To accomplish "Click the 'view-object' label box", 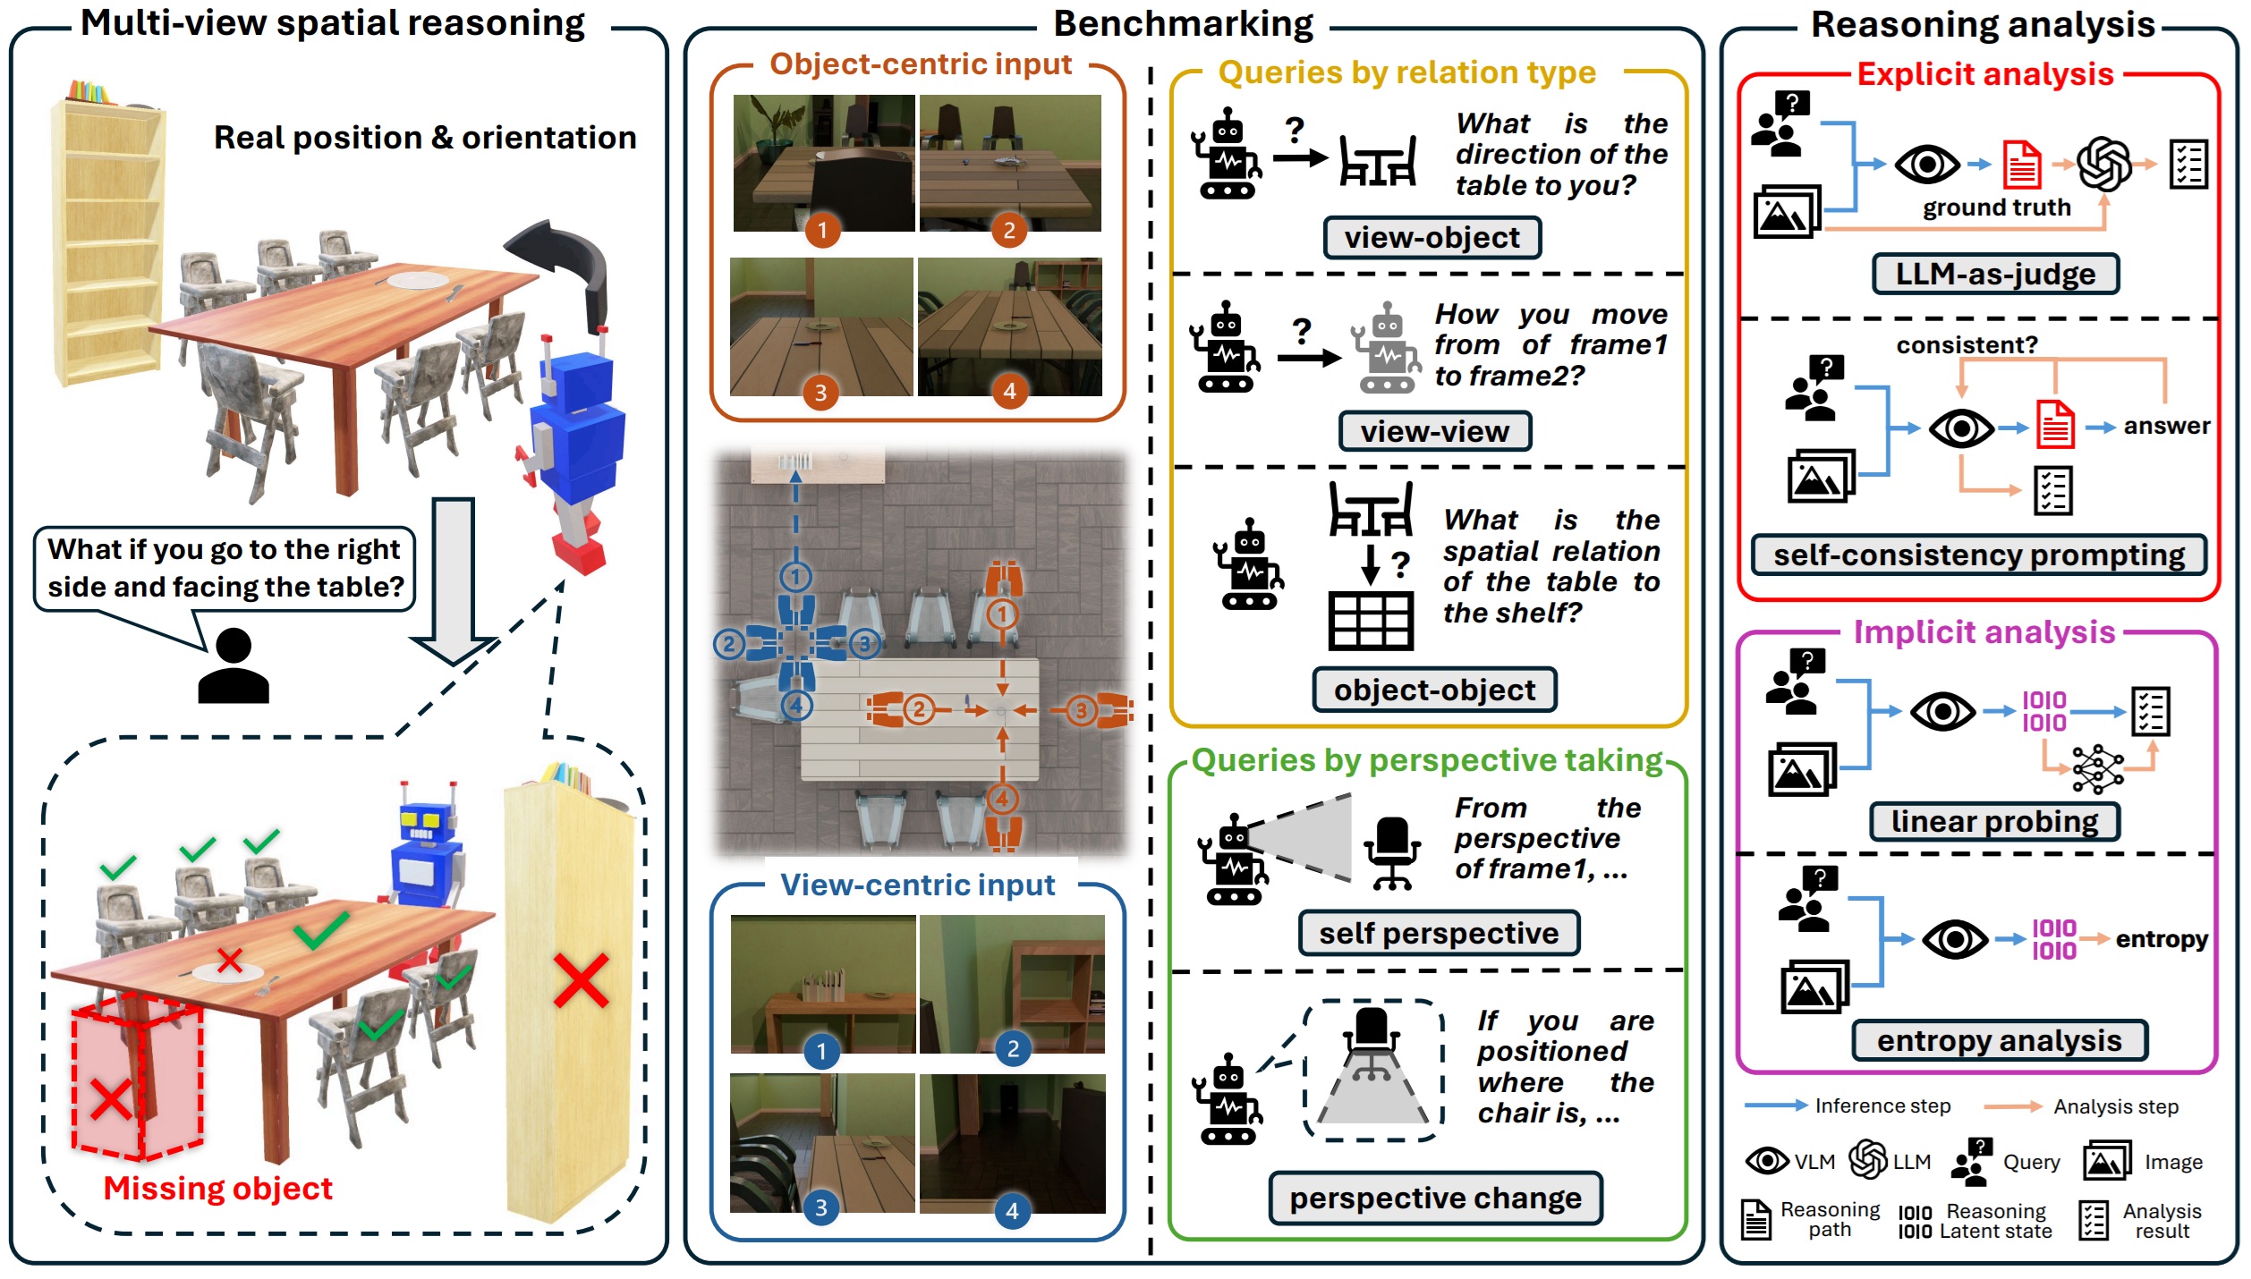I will point(1431,238).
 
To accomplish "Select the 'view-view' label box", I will point(1434,432).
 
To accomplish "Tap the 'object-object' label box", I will point(1434,690).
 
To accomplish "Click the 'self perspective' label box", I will point(1439,934).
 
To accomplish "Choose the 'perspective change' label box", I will point(1435,1199).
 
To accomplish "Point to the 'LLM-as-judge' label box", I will point(1995,274).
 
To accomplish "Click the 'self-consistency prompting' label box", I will point(1979,555).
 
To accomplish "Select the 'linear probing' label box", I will point(1994,822).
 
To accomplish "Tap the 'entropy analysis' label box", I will point(1999,1041).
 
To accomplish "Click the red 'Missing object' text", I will point(217,1189).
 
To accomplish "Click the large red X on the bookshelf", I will point(581,981).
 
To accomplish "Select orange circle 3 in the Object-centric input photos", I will point(820,393).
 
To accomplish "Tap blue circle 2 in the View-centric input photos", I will point(1013,1049).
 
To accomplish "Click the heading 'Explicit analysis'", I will point(1985,74).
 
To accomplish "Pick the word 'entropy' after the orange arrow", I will point(2162,939).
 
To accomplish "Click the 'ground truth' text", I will point(1997,208).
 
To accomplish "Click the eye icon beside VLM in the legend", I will point(1767,1162).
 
